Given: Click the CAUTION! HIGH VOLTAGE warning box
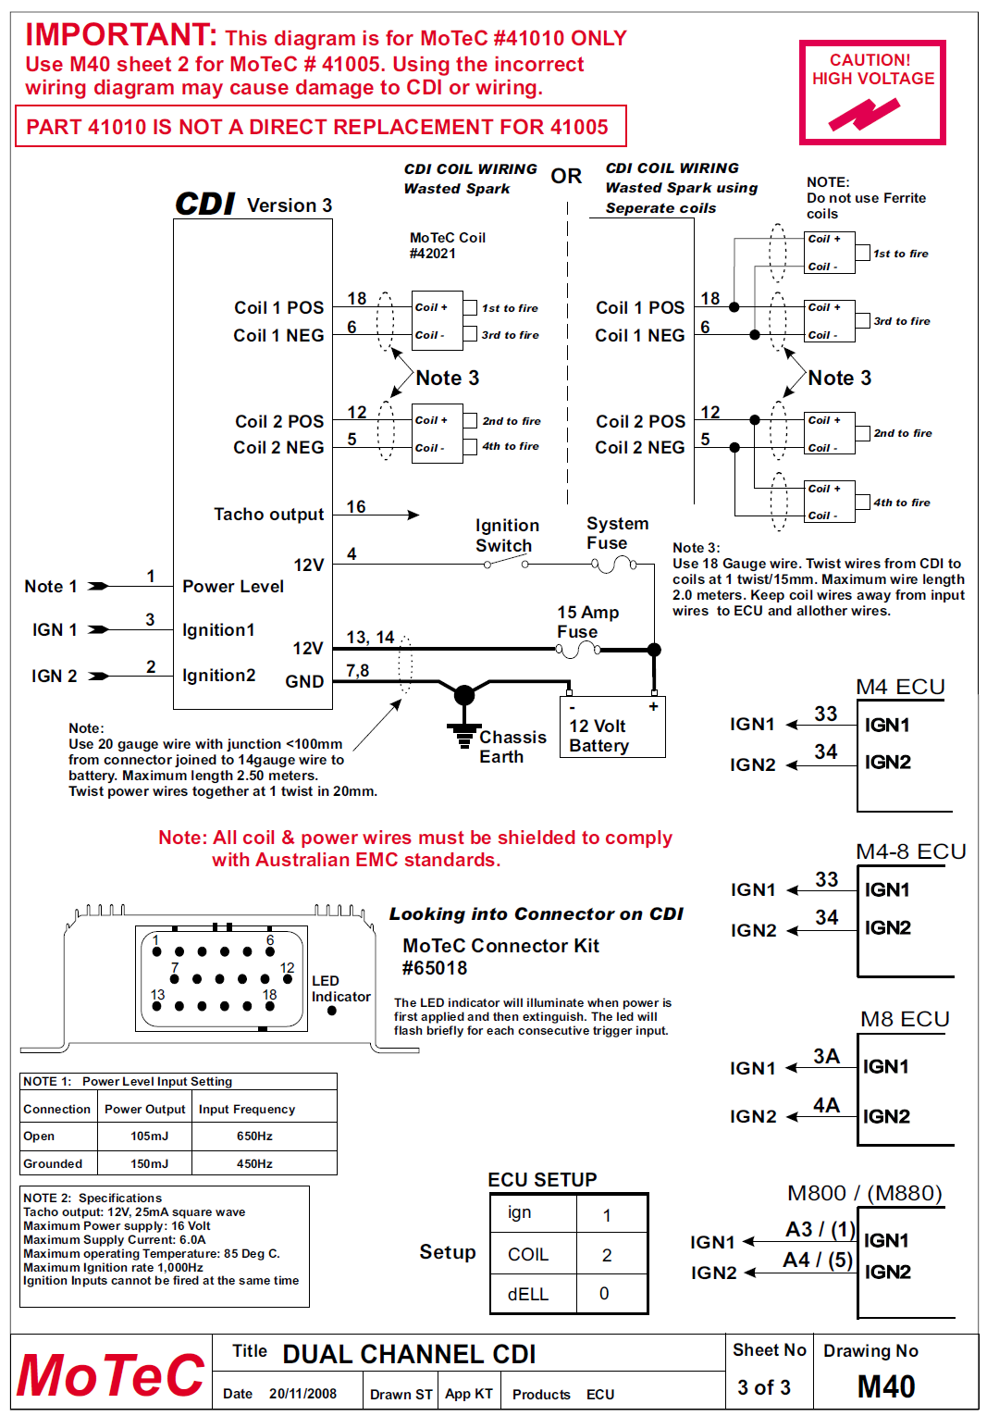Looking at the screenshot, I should coord(872,92).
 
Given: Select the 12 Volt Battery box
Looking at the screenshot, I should coord(611,728).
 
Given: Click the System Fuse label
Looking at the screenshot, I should coord(617,533).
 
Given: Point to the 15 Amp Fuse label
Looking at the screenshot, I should coord(587,622).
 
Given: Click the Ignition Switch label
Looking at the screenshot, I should coord(506,536).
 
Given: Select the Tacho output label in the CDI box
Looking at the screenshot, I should coord(268,515).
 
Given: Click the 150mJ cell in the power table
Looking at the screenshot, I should coord(149,1163).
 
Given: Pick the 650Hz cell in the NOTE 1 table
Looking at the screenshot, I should coord(254,1136).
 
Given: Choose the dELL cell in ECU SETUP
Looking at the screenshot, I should coord(528,1294).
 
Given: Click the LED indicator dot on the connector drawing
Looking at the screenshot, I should coord(332,1011).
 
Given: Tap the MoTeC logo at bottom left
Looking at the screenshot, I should coord(110,1375).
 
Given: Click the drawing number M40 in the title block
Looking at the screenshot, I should coord(885,1386).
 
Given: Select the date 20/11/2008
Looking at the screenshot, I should coord(302,1394).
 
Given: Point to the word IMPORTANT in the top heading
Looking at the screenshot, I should coord(120,35).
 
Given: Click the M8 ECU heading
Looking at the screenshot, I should coord(904,1019).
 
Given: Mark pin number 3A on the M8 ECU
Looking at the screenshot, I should coord(826,1057).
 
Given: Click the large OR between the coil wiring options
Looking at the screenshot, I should coord(566,176).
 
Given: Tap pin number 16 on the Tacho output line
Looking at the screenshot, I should coord(356,507).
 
